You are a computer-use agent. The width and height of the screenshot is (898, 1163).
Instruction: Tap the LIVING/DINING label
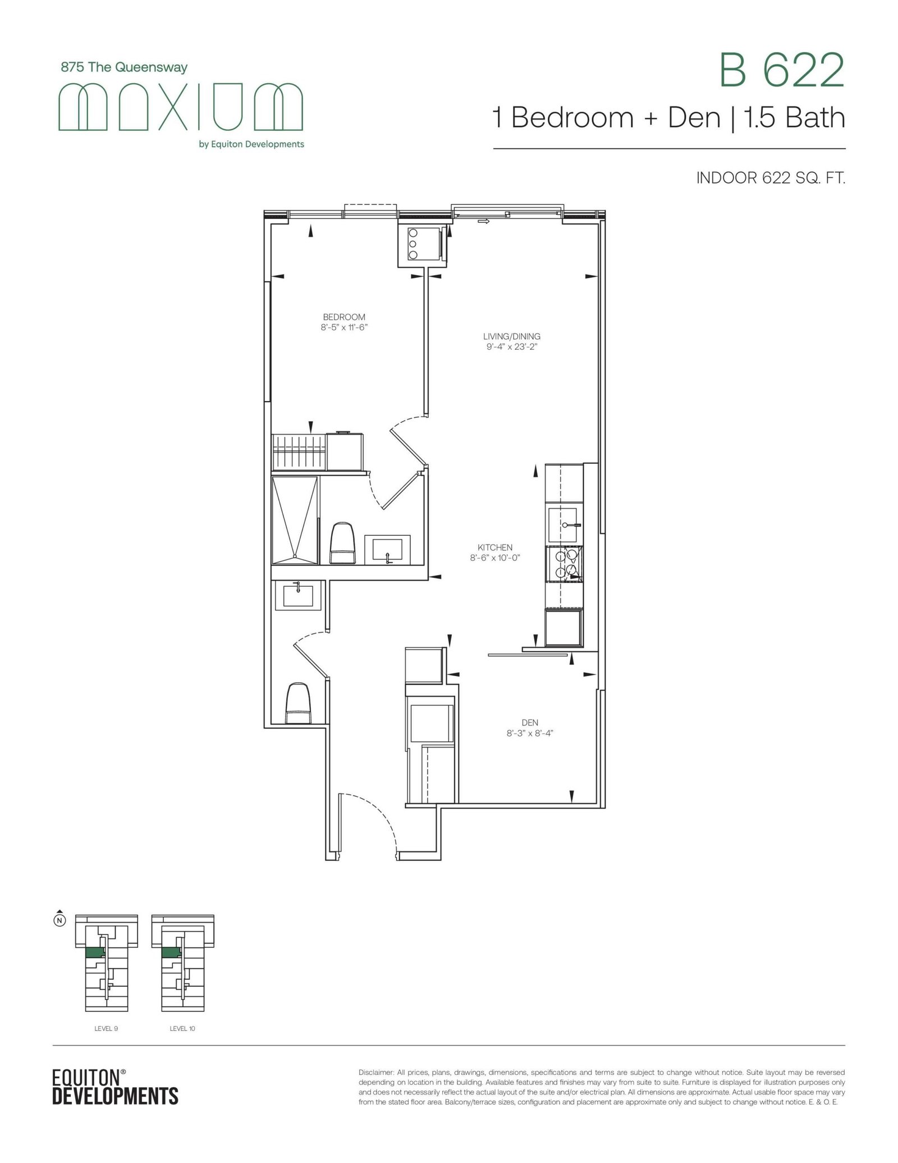(x=511, y=336)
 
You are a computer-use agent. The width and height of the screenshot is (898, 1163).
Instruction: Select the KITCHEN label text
(x=495, y=548)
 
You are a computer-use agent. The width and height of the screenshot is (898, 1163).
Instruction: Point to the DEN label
(x=530, y=722)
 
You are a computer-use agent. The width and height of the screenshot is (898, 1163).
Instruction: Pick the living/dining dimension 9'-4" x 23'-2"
(x=511, y=346)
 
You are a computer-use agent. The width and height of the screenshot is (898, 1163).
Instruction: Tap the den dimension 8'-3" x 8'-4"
(x=530, y=733)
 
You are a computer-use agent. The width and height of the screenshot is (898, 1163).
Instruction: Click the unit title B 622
(x=782, y=70)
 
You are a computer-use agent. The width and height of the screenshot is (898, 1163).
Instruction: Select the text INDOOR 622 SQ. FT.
(x=771, y=179)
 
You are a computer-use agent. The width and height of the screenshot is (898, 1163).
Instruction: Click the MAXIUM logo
(x=181, y=106)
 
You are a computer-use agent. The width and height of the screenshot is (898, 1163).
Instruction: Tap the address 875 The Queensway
(x=124, y=67)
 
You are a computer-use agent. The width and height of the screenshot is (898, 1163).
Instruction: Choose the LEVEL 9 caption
(x=106, y=1029)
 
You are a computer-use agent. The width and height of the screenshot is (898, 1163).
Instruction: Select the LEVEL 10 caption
(x=182, y=1029)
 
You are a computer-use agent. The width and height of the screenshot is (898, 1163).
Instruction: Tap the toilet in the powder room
(x=298, y=703)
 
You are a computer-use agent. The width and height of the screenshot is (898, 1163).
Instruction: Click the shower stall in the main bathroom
(x=295, y=520)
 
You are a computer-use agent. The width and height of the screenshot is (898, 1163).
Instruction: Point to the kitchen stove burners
(x=564, y=563)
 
